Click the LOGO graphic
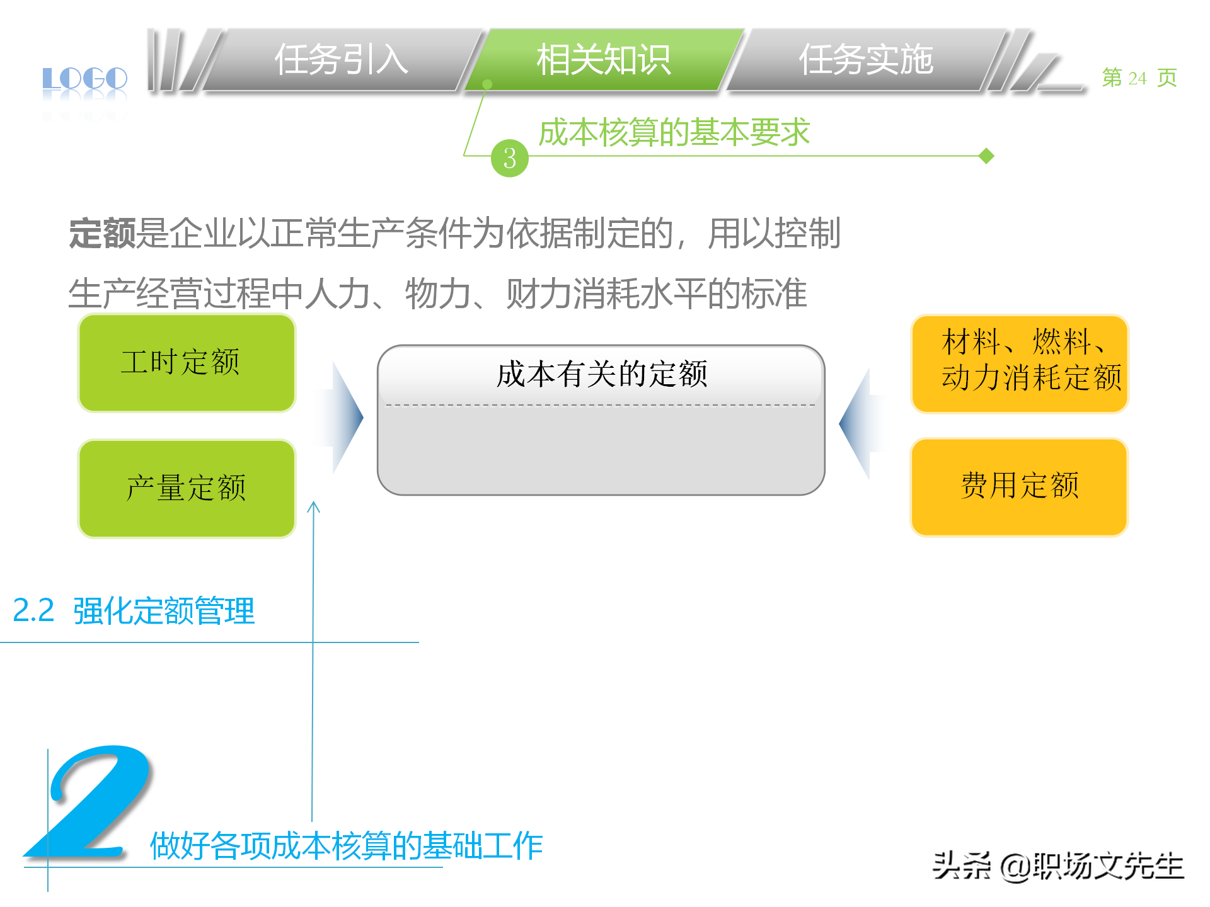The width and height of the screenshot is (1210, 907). (x=85, y=79)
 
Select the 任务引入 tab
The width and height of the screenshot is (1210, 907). (x=341, y=60)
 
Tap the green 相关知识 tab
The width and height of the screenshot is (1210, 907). (x=603, y=60)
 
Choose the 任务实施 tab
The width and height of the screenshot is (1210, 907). (x=865, y=60)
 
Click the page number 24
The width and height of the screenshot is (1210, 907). (x=1138, y=78)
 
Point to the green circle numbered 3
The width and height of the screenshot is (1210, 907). (x=509, y=158)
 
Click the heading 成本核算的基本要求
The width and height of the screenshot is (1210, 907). (x=674, y=132)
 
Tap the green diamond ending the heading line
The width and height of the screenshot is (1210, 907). (x=987, y=156)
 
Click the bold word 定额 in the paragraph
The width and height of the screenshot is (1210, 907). (x=102, y=234)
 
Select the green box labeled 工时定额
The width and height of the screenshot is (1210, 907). (x=187, y=363)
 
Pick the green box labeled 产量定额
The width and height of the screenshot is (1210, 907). (x=187, y=489)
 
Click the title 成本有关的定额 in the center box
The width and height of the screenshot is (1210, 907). (x=601, y=375)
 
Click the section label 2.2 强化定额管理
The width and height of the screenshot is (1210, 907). (x=134, y=610)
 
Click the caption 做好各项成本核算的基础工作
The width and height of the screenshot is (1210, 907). (x=346, y=846)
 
